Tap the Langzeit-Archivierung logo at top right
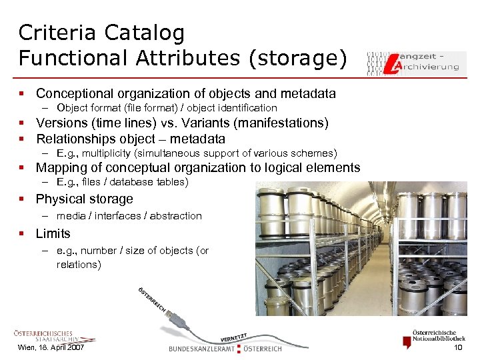pos(413,61)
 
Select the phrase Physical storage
pos(84,199)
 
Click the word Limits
pos(53,234)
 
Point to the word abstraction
pos(175,216)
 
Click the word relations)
pos(79,265)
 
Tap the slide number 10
pos(458,349)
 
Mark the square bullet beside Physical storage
pos(21,199)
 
